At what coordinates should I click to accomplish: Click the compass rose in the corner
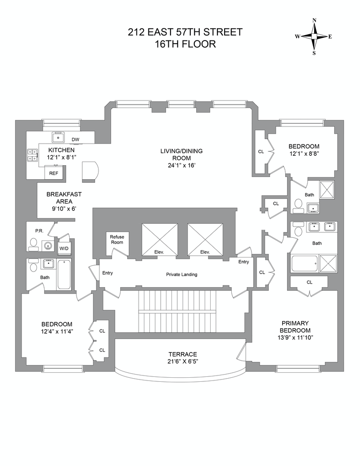(314, 36)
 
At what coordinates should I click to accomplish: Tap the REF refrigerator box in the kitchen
(54, 173)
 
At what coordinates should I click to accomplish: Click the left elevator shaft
(159, 239)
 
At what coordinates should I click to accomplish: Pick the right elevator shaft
(205, 239)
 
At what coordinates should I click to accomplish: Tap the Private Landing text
(181, 275)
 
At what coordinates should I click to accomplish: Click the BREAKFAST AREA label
(63, 198)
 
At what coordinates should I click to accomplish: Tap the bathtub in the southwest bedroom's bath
(64, 274)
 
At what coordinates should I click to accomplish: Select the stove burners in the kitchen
(32, 155)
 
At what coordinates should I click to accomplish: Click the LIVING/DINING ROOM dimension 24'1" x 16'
(181, 166)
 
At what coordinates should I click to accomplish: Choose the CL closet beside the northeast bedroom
(261, 152)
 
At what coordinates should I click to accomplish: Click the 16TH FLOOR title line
(185, 44)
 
